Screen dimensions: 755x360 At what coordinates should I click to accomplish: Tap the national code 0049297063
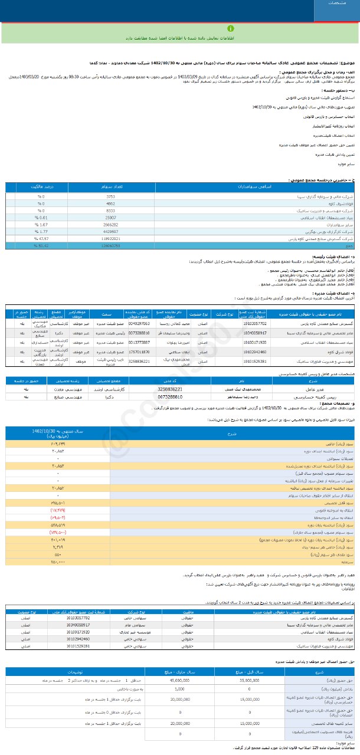139,324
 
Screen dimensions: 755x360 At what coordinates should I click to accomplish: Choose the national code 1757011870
139,352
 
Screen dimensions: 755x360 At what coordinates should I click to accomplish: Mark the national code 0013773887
139,342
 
